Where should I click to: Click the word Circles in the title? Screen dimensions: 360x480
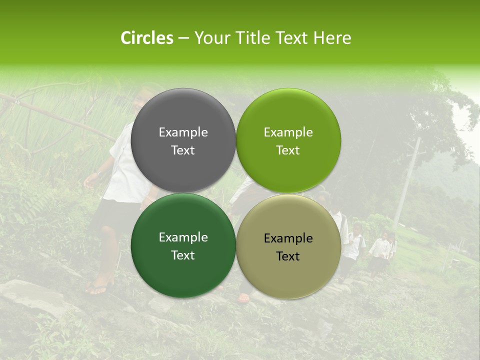click(147, 38)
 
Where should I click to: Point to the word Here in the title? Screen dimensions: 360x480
click(332, 38)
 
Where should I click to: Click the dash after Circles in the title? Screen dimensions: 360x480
click(183, 38)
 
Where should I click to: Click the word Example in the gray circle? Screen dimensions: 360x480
click(183, 132)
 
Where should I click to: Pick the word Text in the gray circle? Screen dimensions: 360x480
click(183, 150)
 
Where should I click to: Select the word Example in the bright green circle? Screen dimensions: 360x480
click(288, 132)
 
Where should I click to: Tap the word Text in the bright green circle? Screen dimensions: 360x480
click(288, 150)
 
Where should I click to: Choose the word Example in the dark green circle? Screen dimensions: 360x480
click(183, 237)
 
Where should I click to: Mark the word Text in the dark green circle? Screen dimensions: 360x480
click(183, 255)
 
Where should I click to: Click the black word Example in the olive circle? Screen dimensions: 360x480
click(288, 238)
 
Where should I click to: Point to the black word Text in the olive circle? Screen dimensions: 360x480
click(288, 256)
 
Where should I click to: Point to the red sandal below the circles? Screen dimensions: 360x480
click(243, 298)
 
